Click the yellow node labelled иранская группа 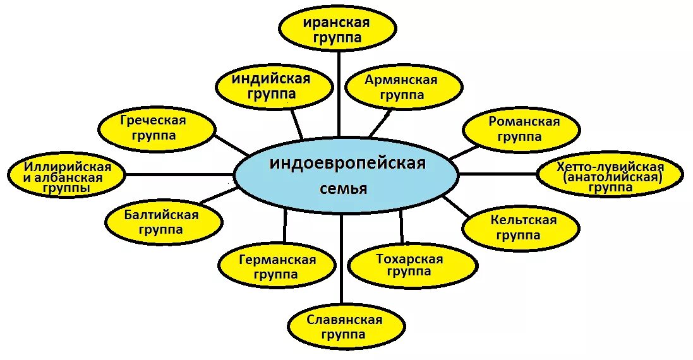click(339, 29)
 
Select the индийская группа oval click(274, 87)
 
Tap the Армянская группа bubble click(401, 87)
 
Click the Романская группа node click(521, 129)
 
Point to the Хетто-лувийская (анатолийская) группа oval click(610, 176)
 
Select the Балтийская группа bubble click(164, 222)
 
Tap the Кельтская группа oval click(521, 227)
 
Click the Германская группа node click(277, 267)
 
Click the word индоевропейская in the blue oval click(348, 164)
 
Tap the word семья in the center click(344, 188)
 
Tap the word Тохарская click(409, 259)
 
